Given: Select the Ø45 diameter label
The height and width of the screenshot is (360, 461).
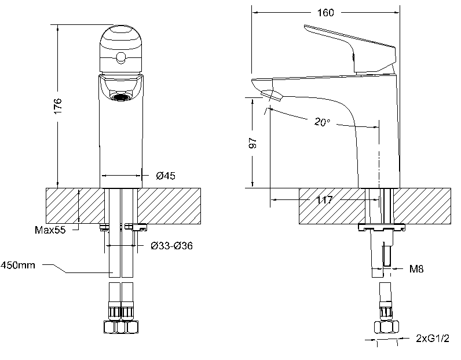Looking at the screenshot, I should pos(166,176).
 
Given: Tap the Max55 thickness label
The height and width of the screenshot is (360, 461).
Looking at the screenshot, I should pos(50,230).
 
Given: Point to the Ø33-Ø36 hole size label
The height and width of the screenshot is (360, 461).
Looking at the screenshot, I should pos(171,246).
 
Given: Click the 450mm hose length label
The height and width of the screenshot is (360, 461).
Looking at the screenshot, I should pos(17,266).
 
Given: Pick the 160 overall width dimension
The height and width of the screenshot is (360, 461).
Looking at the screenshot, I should pos(325,13).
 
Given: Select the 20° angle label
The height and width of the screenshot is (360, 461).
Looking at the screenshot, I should pos(323,122).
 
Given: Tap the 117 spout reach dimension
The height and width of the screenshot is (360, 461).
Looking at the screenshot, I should pos(325,200).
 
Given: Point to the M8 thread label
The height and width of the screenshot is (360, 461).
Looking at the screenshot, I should pos(416,268).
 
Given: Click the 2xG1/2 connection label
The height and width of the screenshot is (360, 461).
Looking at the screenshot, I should pos(432,337).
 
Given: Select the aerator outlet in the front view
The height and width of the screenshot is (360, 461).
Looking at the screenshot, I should pos(121,96).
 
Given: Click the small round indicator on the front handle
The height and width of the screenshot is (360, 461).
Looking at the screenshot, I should pos(121,57).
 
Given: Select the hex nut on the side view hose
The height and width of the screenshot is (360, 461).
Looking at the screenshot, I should pos(385,326).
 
